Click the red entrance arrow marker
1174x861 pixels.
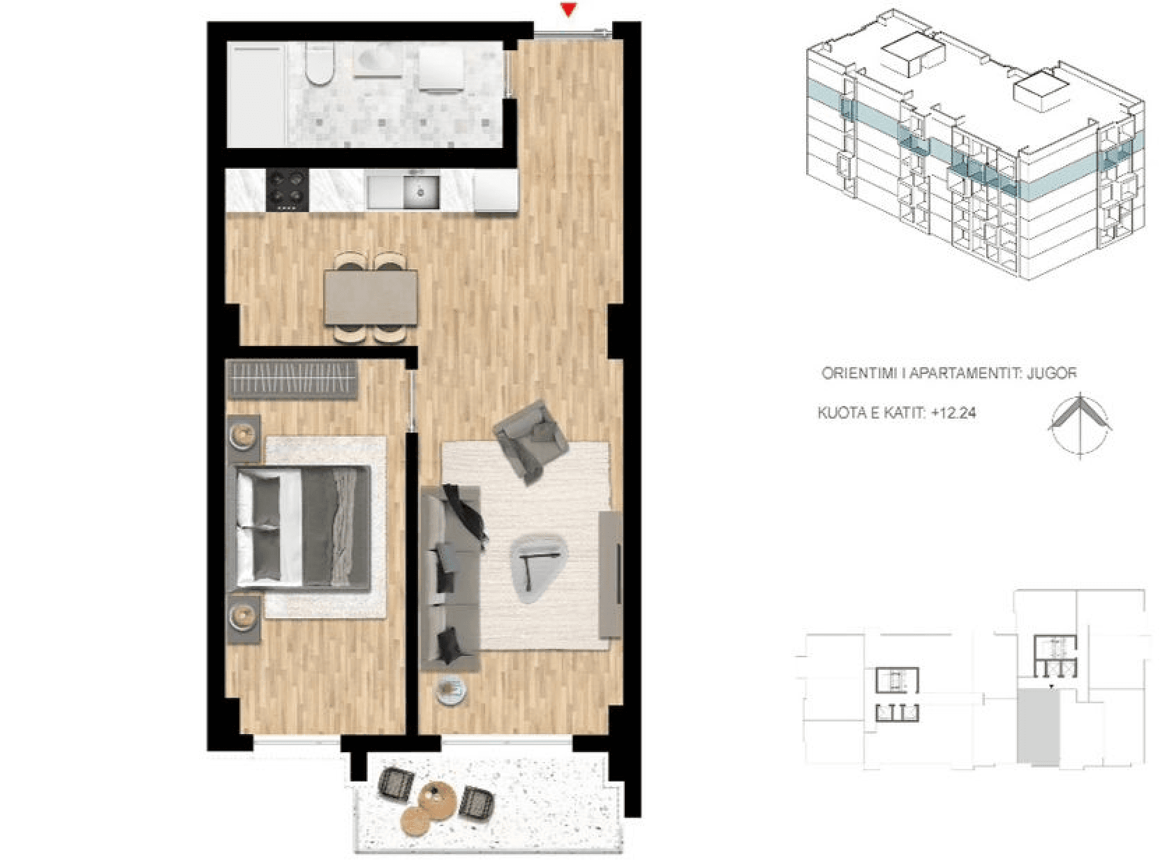pyautogui.click(x=569, y=10)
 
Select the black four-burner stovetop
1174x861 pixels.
pyautogui.click(x=288, y=190)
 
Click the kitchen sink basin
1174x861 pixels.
pyautogui.click(x=420, y=192)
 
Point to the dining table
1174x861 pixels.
pyautogui.click(x=371, y=297)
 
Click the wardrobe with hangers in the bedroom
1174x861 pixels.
pyautogui.click(x=292, y=380)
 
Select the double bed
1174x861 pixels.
pyautogui.click(x=304, y=529)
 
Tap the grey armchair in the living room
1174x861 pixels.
pyautogui.click(x=531, y=441)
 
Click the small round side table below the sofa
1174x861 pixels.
pyautogui.click(x=452, y=691)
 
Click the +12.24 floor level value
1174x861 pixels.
pyautogui.click(x=954, y=413)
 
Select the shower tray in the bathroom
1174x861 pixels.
pyautogui.click(x=256, y=94)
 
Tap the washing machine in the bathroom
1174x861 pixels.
pyautogui.click(x=442, y=70)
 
